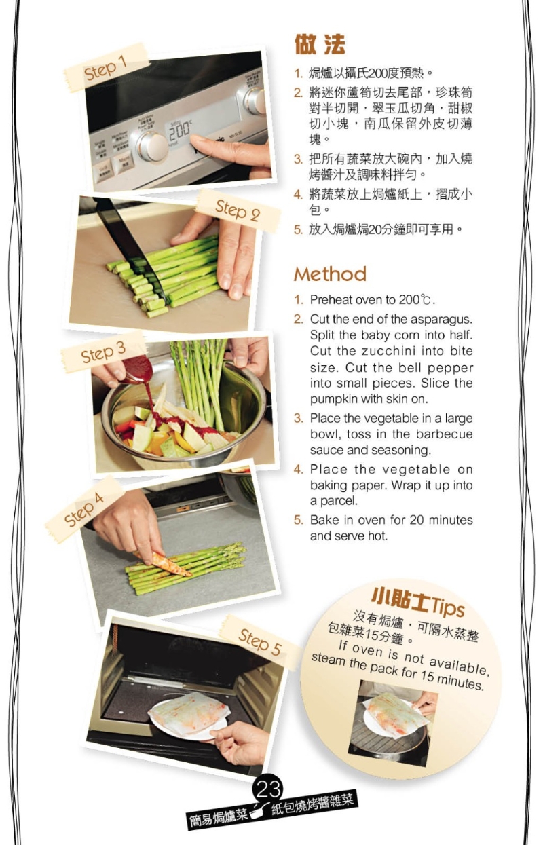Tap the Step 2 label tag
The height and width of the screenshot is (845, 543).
click(x=238, y=210)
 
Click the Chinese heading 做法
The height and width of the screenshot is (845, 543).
click(x=320, y=45)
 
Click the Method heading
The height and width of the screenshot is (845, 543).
click(x=330, y=274)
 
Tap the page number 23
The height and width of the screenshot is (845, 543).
click(x=269, y=789)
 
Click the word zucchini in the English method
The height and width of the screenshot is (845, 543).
click(x=392, y=352)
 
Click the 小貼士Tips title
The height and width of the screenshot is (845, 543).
click(x=417, y=599)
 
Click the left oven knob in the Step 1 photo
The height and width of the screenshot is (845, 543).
click(x=151, y=145)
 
